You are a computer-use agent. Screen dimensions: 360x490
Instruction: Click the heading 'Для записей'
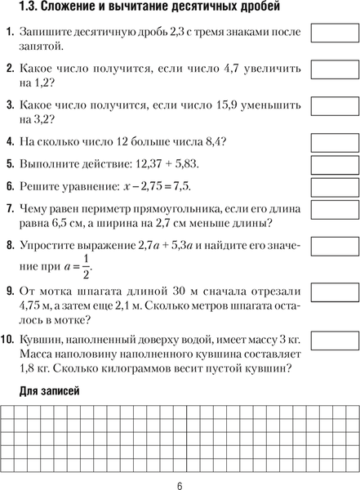pos(49,392)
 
